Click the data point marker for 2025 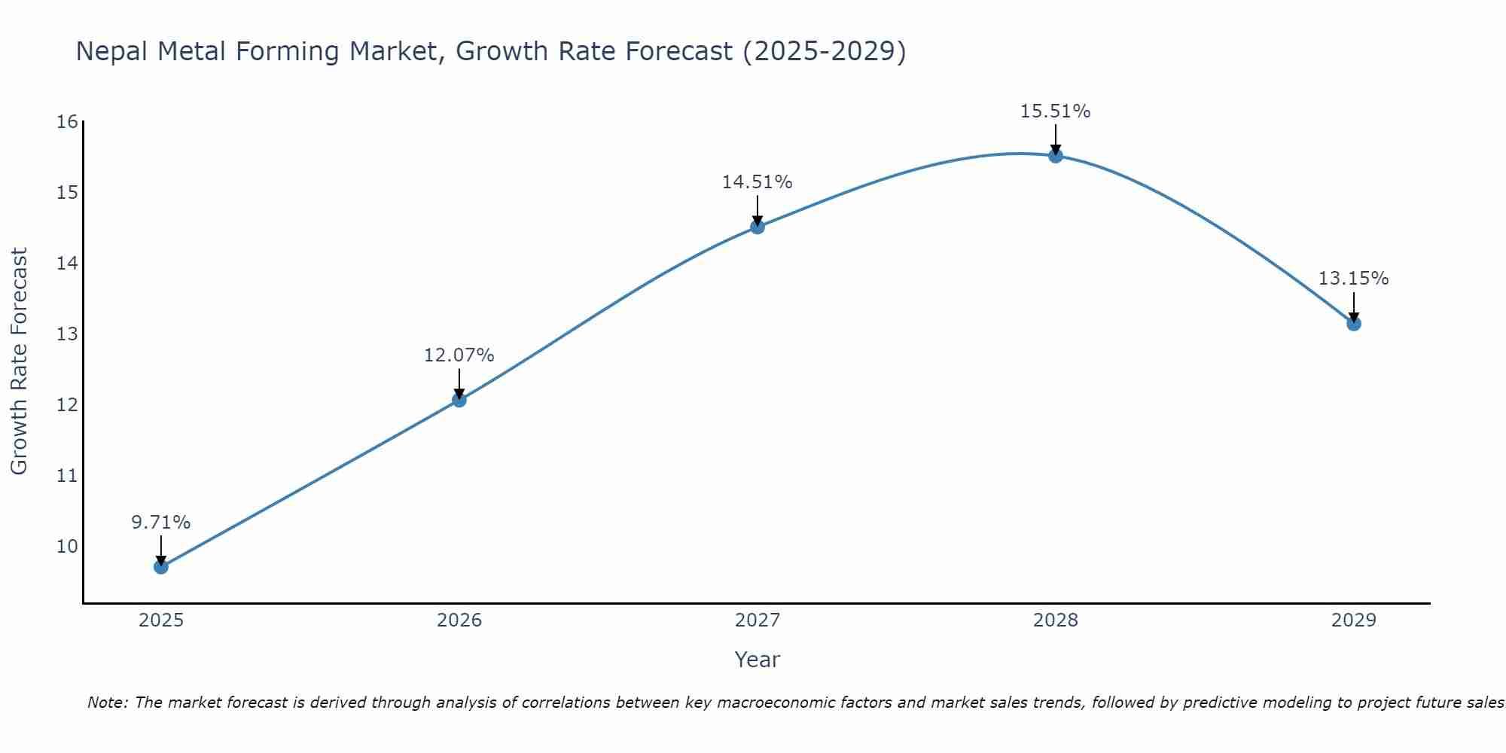(161, 566)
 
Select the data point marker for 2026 (459, 400)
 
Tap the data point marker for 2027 (758, 227)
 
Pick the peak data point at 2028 (1056, 156)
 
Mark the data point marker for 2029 (1354, 324)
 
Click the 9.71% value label (161, 522)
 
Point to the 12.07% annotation (459, 355)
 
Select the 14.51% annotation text (758, 181)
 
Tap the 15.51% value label (1056, 111)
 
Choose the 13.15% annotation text (1354, 278)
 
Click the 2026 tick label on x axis (459, 620)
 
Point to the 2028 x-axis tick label (1056, 620)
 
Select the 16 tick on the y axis (67, 122)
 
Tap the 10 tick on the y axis (67, 546)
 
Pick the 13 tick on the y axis (67, 334)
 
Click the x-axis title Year (758, 660)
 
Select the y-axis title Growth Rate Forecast (19, 361)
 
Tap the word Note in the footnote (108, 703)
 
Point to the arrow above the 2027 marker (758, 210)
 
